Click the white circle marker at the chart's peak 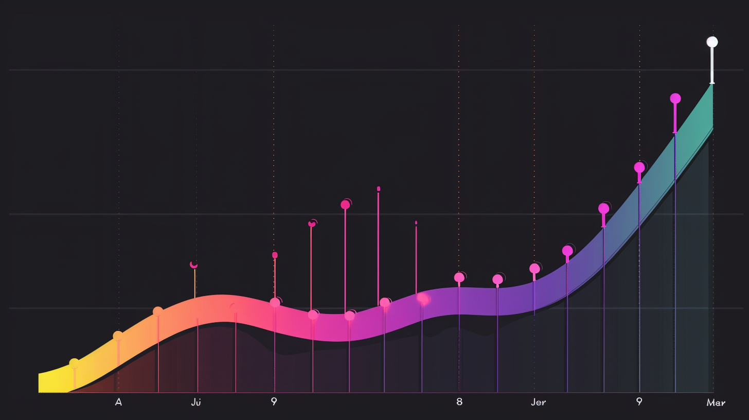tap(712, 42)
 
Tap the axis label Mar tap(716, 402)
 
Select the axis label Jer tap(538, 402)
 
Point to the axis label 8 tap(459, 402)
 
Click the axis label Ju tap(195, 402)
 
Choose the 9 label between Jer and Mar tap(639, 402)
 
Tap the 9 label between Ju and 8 tap(274, 402)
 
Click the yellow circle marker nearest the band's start tap(74, 363)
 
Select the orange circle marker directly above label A tap(118, 336)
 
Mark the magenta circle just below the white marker tap(675, 98)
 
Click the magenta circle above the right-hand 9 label tap(639, 167)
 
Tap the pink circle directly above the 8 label tap(459, 277)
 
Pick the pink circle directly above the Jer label tap(534, 268)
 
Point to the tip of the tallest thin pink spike tap(379, 188)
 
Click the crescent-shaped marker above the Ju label tap(194, 265)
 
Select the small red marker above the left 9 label tap(275, 255)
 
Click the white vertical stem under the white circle tap(712, 64)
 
